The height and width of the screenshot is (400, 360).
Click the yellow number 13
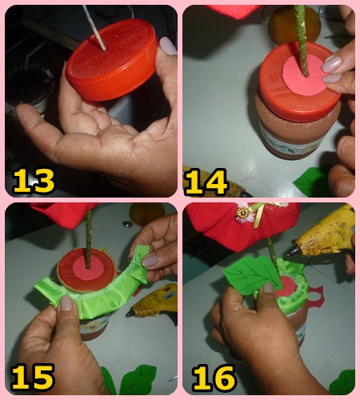coord(34,180)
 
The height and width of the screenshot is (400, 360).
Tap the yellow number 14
coord(206,182)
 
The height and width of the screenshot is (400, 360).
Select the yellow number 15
coord(33,378)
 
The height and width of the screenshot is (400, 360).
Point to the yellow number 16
coord(214,378)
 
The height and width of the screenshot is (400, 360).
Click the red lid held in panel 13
coord(111,60)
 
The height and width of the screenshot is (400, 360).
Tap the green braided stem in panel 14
coord(302,40)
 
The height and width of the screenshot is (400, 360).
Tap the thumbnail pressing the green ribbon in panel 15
coord(66,303)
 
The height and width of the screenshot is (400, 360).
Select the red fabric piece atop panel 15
coord(64,215)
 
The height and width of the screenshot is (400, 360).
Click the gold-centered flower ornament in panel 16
coord(242,214)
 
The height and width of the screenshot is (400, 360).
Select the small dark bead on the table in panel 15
coord(128,224)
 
